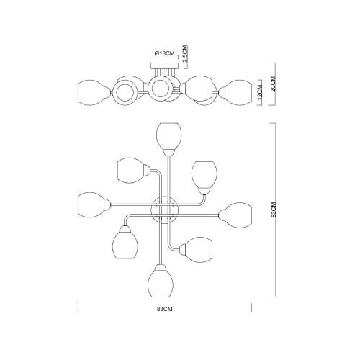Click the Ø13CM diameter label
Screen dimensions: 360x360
(x=164, y=53)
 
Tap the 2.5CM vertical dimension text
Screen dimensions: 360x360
(x=185, y=54)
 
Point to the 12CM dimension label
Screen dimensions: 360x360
(x=259, y=93)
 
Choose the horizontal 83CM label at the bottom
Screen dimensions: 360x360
(x=165, y=309)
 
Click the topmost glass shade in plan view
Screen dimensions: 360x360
(x=168, y=139)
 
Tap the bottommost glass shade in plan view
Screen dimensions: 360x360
(x=161, y=281)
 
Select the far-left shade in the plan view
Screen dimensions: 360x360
(x=94, y=204)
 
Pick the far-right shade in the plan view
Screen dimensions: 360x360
(x=235, y=215)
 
